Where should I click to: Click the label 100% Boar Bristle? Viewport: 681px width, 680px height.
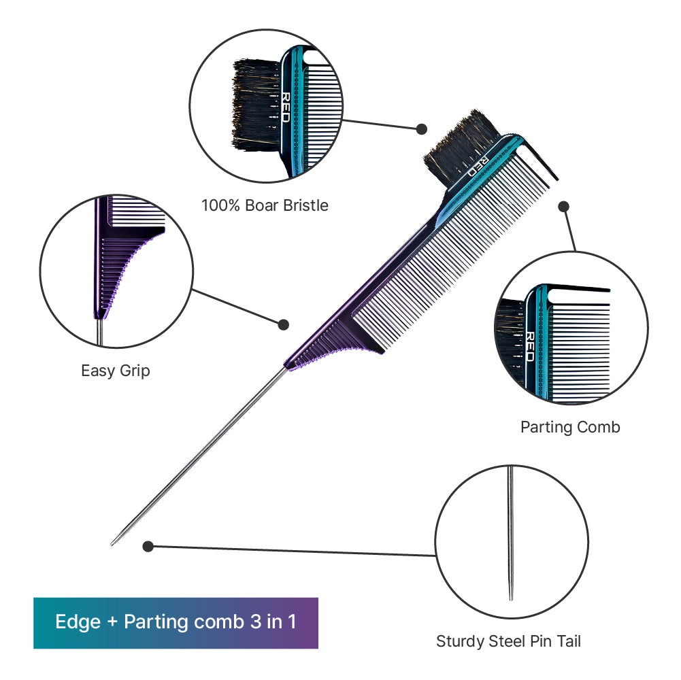pos(265,205)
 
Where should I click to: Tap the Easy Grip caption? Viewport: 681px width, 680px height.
pos(116,371)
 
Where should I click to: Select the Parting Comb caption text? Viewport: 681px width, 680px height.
pos(570,427)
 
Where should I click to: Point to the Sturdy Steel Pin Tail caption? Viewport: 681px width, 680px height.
pos(508,641)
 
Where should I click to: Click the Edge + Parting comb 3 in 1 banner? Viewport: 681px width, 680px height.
pos(176,623)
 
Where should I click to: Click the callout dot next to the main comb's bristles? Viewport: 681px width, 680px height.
pos(421,129)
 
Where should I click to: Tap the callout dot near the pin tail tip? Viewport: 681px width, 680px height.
pos(148,546)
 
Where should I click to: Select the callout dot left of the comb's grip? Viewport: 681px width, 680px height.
pos(283,324)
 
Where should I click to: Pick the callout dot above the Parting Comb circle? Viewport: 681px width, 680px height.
pos(564,207)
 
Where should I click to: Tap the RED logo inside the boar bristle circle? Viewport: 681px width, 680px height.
pos(285,107)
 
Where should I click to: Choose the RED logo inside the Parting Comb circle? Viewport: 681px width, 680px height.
pos(530,347)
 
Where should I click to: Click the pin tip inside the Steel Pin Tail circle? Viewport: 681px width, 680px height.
pos(511,598)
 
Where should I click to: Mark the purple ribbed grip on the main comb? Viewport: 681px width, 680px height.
pos(330,345)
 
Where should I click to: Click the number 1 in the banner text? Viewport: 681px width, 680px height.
pos(292,622)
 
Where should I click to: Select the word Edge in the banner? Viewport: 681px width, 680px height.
pos(78,622)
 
